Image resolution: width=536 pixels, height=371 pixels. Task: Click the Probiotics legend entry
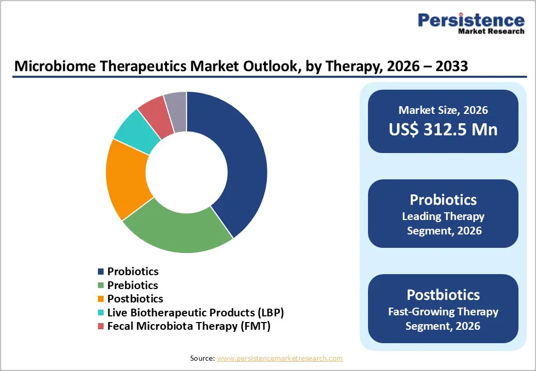click(x=132, y=272)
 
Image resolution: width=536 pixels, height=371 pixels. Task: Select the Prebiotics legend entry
click(x=132, y=285)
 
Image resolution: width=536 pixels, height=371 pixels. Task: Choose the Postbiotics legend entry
click(x=135, y=299)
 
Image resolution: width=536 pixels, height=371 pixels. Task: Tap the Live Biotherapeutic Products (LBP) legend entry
click(x=195, y=312)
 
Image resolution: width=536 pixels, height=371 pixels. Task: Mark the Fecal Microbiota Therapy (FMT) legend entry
click(x=189, y=326)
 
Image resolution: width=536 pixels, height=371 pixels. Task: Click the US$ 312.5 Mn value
click(x=443, y=129)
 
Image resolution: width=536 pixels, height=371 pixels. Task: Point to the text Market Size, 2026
click(x=443, y=110)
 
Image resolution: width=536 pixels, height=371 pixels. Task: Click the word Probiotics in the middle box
click(x=443, y=200)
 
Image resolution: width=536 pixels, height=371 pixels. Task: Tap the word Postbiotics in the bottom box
click(x=443, y=295)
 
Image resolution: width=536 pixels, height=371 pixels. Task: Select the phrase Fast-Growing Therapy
click(x=443, y=312)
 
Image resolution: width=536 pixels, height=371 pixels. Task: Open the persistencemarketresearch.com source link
click(x=280, y=358)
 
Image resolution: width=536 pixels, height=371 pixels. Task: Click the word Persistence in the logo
click(x=471, y=20)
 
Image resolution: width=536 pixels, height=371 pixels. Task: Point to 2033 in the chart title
click(x=450, y=66)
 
